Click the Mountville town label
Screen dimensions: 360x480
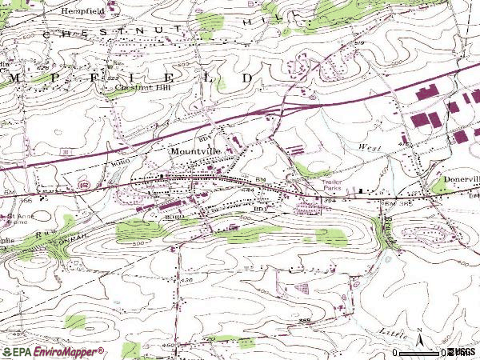197,150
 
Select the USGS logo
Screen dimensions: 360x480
462,351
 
